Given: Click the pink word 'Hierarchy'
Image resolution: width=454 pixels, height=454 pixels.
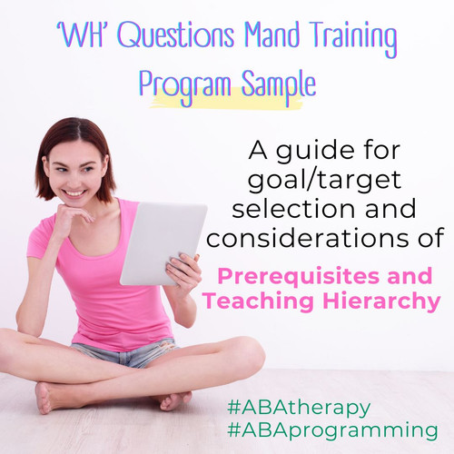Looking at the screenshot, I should (371, 302).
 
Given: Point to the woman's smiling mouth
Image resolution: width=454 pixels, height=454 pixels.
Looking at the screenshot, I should (75, 192).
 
